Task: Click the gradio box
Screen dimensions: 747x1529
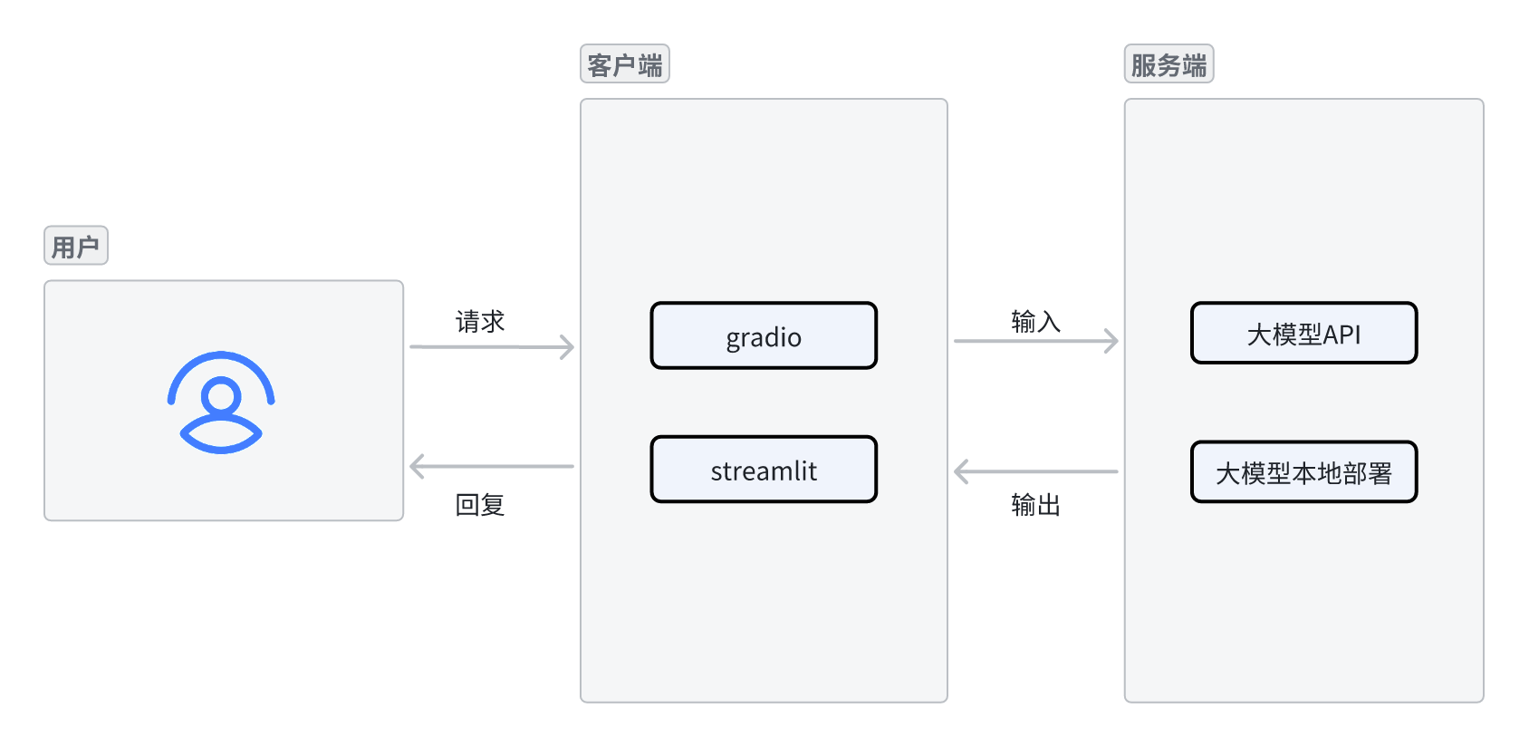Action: [x=764, y=335]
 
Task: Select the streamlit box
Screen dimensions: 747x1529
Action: [x=764, y=470]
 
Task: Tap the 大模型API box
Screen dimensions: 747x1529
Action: [x=1303, y=334]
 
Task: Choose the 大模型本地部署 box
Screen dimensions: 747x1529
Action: [x=1303, y=472]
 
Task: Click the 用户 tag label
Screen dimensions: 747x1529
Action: [x=76, y=246]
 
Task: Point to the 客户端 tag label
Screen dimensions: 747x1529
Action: [x=625, y=64]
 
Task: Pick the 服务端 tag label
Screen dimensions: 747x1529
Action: [x=1168, y=64]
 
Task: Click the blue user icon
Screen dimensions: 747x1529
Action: [x=221, y=402]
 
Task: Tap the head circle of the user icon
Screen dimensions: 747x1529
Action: [x=221, y=397]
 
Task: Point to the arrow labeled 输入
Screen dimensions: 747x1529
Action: [x=1034, y=341]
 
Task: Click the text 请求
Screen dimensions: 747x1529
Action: [x=480, y=321]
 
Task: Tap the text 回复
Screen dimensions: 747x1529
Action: [x=480, y=505]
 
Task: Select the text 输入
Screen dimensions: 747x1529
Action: [x=1035, y=321]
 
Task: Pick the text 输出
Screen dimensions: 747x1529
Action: [x=1035, y=505]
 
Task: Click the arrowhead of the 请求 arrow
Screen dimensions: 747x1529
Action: [x=568, y=346]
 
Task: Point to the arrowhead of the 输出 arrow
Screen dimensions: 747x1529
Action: [x=962, y=471]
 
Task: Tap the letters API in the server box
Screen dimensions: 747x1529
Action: [x=1341, y=335]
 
